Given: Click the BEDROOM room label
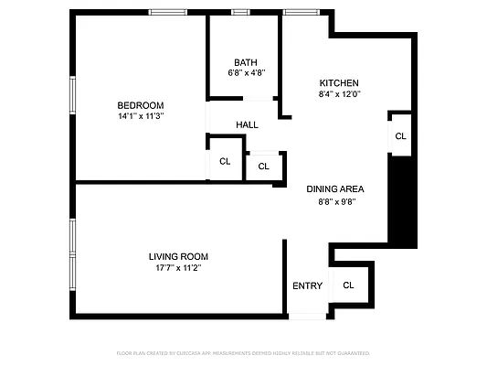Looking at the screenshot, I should tap(140, 104).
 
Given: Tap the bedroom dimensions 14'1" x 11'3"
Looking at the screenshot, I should tap(140, 116).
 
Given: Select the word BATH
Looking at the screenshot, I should tap(245, 63).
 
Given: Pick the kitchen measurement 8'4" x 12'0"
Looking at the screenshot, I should tap(339, 93).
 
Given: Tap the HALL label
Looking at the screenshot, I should tap(247, 125).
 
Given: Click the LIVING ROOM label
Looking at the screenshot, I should tap(178, 256).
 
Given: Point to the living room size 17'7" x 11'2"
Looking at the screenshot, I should tap(178, 268).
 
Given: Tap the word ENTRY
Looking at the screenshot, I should tap(307, 285).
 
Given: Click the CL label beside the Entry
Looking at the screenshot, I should tap(348, 285).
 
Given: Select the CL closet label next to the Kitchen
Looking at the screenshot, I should tap(400, 136).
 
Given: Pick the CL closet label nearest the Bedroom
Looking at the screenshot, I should tap(225, 162).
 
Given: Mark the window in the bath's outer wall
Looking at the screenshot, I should tap(239, 13).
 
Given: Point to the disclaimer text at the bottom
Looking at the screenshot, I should tap(243, 352).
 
